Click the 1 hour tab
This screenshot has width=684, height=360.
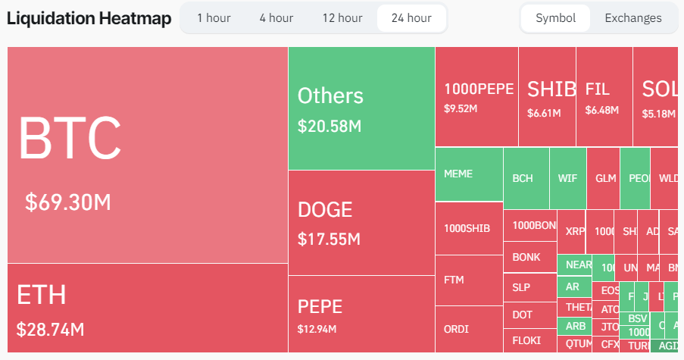214,18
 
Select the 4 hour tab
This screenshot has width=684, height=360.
276,18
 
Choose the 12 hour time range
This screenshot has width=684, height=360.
342,18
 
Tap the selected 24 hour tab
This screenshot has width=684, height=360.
411,18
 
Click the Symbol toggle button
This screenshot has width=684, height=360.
555,18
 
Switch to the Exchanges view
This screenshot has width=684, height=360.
632,18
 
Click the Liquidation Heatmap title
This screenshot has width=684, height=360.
89,18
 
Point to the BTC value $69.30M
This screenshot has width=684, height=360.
68,202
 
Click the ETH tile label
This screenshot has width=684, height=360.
42,295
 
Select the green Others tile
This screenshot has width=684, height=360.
361,108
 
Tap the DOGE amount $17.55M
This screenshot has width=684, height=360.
329,239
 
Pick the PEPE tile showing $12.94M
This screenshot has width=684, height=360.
361,314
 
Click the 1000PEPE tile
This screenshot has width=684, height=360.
476,96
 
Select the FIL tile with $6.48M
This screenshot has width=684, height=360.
603,96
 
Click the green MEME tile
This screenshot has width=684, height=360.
468,174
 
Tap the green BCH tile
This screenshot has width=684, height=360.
526,179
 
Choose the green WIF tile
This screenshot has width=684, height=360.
567,179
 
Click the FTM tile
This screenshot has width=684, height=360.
468,280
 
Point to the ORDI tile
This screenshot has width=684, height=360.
468,329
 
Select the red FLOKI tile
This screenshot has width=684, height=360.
529,340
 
